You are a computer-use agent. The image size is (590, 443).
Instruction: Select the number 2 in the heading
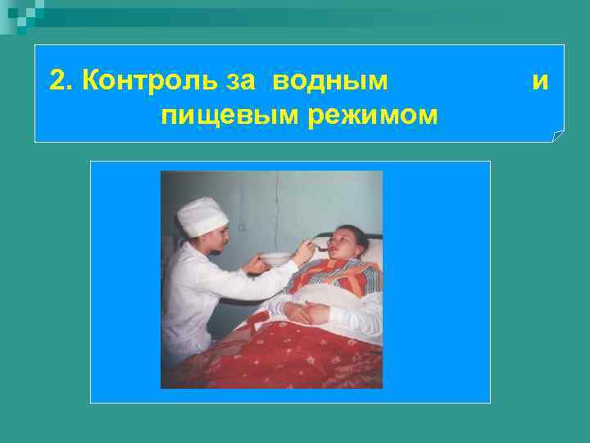pyautogui.click(x=57, y=81)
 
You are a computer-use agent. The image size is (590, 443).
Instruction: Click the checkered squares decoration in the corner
pyautogui.click(x=20, y=12)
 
